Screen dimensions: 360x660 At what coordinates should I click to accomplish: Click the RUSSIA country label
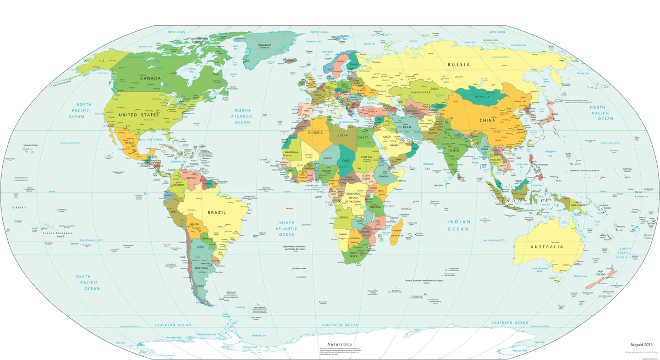point(459,64)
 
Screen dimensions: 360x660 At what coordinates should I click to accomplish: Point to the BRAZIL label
point(217,212)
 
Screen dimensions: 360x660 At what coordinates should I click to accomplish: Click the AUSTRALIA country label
point(546,247)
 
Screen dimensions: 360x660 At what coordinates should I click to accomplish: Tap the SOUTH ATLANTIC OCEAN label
point(287,228)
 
